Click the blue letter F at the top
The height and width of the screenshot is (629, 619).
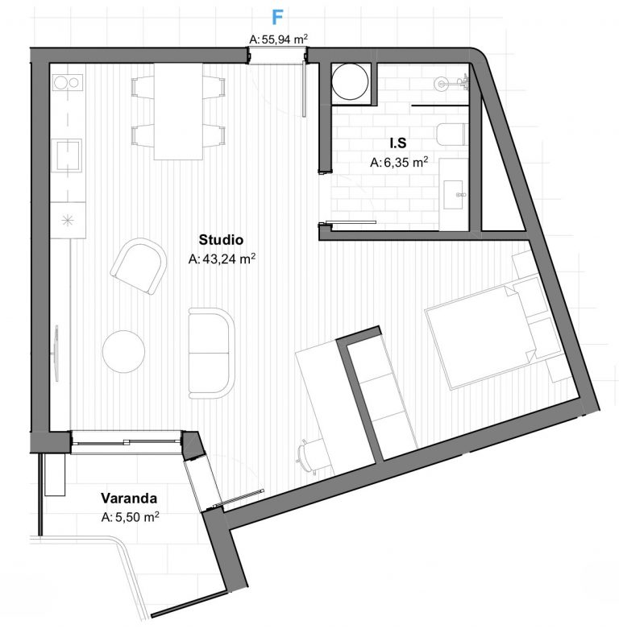pos(277,17)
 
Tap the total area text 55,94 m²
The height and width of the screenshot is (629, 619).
pos(279,39)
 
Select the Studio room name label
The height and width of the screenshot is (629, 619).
pos(221,239)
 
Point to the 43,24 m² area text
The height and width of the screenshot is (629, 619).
pos(222,259)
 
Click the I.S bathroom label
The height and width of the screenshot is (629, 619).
pos(398,143)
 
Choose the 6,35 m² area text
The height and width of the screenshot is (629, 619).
pos(399,162)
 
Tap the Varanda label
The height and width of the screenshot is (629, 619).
pos(129,498)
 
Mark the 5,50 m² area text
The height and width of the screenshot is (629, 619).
pos(130,517)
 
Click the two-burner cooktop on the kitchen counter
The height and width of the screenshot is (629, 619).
pos(68,83)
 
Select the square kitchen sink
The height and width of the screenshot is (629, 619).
pos(69,155)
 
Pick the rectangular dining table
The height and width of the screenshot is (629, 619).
pos(179,111)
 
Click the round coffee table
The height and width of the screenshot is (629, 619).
pos(123,351)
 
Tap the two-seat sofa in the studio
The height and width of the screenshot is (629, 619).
pos(211,353)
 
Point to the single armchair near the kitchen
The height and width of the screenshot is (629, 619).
pos(139,266)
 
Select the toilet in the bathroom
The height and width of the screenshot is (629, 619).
pos(452,134)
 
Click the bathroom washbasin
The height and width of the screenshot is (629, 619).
pos(454,195)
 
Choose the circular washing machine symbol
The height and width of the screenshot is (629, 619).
pos(350,82)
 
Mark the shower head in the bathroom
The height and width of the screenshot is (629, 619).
pos(441,84)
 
